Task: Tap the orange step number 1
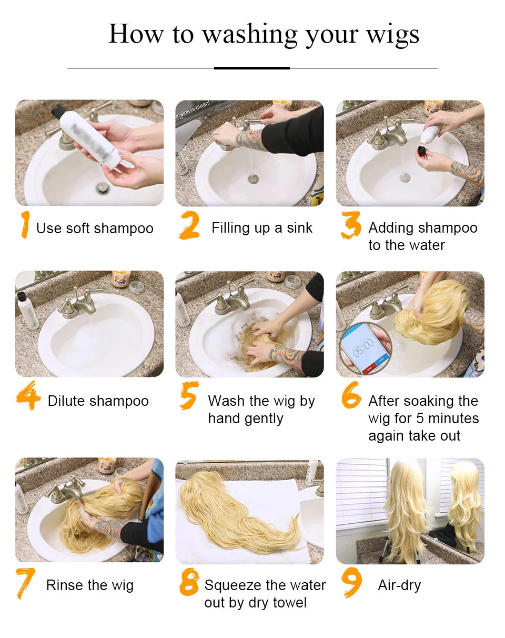24,225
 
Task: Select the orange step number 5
188,396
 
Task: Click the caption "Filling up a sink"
262,228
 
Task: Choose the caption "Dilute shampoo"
98,401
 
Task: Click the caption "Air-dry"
399,585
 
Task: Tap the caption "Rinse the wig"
90,585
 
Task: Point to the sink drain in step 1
103,188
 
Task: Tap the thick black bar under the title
252,68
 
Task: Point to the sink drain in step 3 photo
405,178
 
